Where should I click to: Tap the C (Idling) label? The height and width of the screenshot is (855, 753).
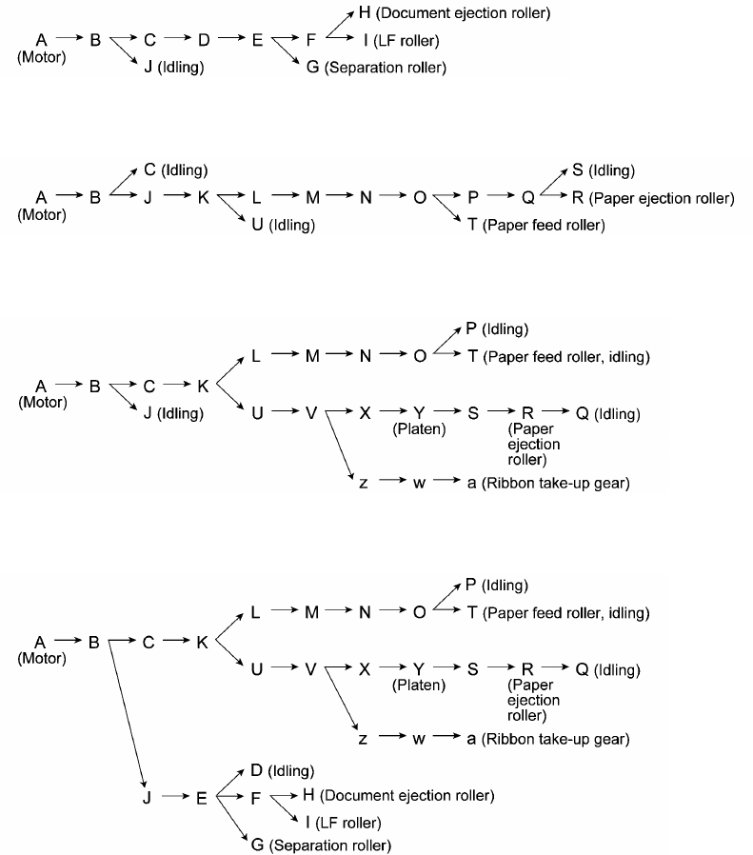coord(176,170)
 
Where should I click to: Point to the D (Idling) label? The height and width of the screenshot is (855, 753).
coord(282,770)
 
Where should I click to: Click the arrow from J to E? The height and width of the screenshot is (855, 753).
coord(174,798)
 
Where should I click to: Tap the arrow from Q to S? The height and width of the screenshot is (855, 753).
coord(553,183)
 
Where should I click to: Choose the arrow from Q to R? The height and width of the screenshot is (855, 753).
coord(553,198)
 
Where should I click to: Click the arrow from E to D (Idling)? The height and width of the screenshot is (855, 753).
coord(229,784)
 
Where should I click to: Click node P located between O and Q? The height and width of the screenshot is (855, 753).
coord(473,198)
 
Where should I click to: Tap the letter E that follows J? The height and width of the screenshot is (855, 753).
coord(201,798)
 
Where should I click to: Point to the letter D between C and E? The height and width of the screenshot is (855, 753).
coord(203,41)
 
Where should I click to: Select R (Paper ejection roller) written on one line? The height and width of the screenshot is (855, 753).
coord(653,198)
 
